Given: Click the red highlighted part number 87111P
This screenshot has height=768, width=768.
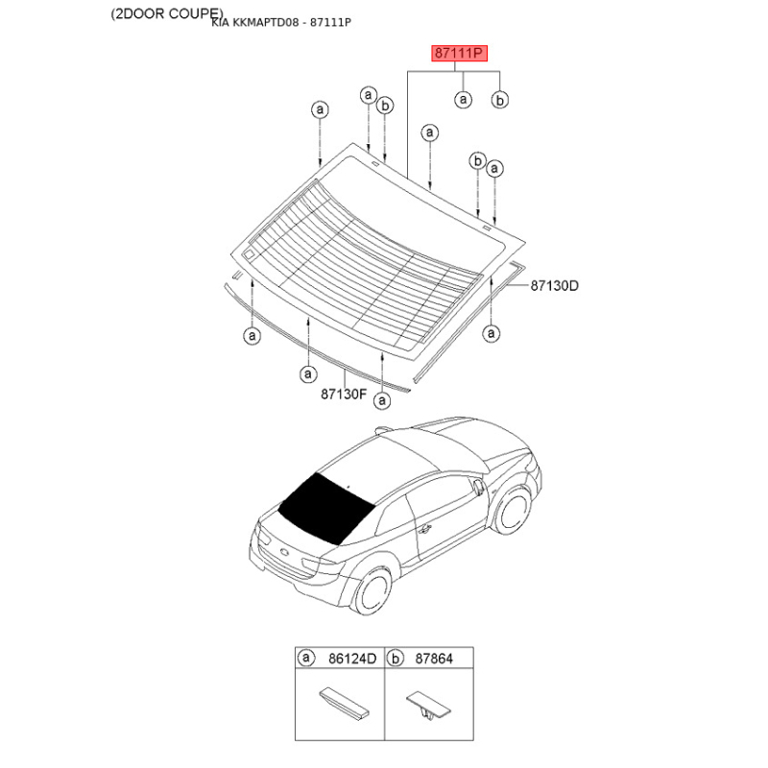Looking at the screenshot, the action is click(459, 53).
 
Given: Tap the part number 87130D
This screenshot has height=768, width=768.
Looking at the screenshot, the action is click(555, 285).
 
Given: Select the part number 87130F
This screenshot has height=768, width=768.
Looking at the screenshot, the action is click(344, 394).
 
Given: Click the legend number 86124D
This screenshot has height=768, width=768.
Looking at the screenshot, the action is click(352, 659).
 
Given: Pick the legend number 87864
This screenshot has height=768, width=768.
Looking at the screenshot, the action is click(434, 659).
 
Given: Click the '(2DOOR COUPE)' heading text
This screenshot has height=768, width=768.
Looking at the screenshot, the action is click(166, 13).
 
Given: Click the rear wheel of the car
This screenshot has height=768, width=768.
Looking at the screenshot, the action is click(373, 591).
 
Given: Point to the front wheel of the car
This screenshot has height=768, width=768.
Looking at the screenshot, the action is click(513, 511).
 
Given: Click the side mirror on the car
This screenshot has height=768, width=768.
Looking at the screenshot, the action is click(478, 486).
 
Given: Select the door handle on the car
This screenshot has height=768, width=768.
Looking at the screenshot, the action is click(424, 529).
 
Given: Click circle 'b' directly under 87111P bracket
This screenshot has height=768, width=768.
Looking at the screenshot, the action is click(499, 100).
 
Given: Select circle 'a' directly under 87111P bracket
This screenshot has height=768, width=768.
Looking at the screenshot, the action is click(463, 100).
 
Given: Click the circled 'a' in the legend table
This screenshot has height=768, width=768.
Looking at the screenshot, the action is click(306, 658).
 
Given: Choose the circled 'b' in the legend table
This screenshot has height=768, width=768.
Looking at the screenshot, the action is click(395, 658).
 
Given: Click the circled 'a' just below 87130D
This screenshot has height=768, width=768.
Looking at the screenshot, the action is click(491, 333).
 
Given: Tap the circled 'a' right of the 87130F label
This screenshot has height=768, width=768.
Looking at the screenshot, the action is click(382, 400).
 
